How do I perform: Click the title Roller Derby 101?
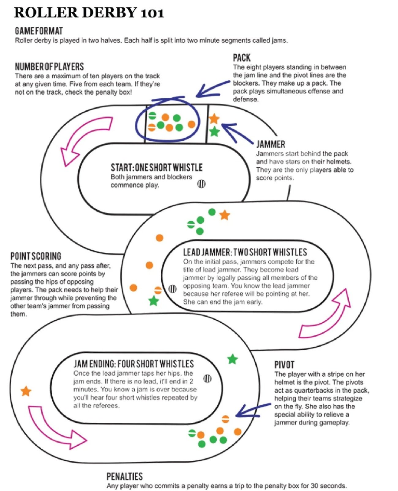(89, 13)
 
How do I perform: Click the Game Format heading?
(39, 31)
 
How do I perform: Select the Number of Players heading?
(49, 67)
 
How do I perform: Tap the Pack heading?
(242, 58)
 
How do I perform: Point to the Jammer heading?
(271, 144)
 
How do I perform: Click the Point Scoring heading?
(36, 256)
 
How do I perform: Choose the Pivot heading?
(284, 365)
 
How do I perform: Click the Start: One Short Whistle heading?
(156, 167)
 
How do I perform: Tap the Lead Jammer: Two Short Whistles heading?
(245, 252)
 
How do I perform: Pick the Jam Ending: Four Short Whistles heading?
(134, 364)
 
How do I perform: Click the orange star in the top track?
(214, 118)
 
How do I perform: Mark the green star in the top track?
(214, 131)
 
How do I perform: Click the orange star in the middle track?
(225, 215)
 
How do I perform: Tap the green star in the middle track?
(153, 301)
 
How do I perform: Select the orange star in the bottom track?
(26, 391)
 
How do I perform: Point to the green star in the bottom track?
(233, 359)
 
